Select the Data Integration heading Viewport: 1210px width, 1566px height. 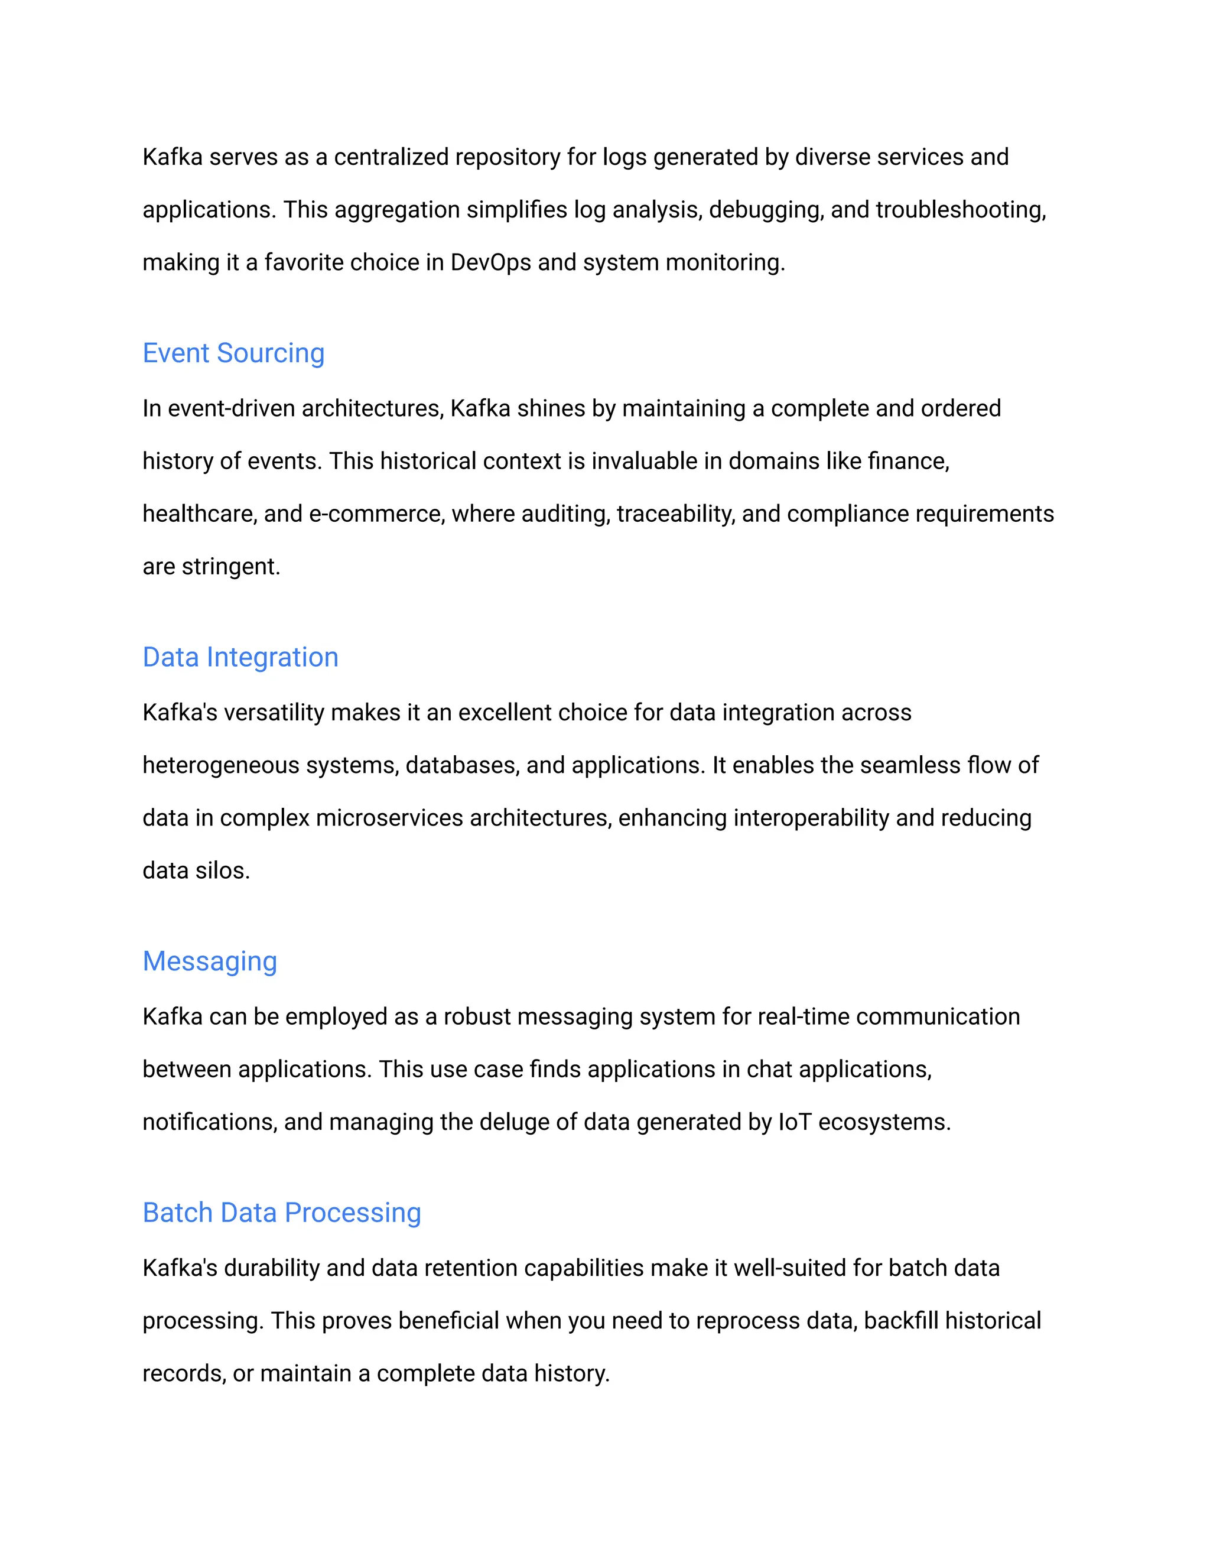(x=240, y=658)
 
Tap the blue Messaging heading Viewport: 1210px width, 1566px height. (x=209, y=961)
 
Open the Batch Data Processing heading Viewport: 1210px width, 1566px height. (x=282, y=1213)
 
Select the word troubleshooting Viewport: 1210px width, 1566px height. (x=960, y=210)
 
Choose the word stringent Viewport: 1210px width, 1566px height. (x=231, y=567)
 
